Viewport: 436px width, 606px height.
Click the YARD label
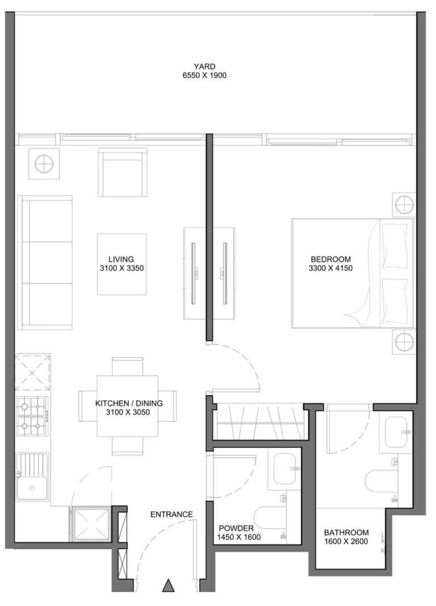pyautogui.click(x=205, y=66)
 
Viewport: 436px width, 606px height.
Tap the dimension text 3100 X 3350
pyautogui.click(x=121, y=268)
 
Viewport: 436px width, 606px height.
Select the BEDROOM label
pyautogui.click(x=330, y=260)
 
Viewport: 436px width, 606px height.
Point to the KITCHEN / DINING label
pyautogui.click(x=129, y=403)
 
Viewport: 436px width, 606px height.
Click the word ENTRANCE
pyautogui.click(x=171, y=515)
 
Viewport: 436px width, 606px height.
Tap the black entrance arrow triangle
pyautogui.click(x=168, y=586)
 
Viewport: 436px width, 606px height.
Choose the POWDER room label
pyautogui.click(x=236, y=528)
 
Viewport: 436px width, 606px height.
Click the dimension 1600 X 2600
pyautogui.click(x=346, y=541)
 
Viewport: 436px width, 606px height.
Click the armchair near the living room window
pyautogui.click(x=123, y=172)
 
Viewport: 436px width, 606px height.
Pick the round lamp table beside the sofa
pyautogui.click(x=44, y=164)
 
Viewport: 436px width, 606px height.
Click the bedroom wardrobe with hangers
pyautogui.click(x=260, y=421)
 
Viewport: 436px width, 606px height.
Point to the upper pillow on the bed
pyautogui.click(x=395, y=246)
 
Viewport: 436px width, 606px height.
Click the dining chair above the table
pyautogui.click(x=127, y=366)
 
